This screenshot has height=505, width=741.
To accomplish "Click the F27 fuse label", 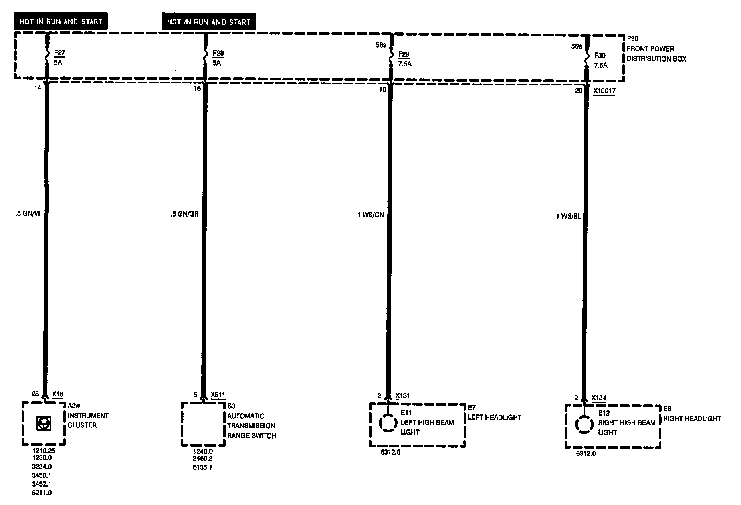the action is [59, 53].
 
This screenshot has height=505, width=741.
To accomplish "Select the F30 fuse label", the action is [600, 56].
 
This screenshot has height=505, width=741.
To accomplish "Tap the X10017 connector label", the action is [604, 91].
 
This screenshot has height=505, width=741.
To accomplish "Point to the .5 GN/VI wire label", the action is [27, 213].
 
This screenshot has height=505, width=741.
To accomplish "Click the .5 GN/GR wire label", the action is [184, 214].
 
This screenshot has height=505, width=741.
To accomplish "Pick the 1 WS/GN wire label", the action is [370, 215].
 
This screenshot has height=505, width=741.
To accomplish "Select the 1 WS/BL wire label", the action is [569, 216].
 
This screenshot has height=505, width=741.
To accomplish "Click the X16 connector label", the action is [58, 394].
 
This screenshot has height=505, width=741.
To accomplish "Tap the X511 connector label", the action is [218, 395].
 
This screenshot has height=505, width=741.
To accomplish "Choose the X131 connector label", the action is [402, 396].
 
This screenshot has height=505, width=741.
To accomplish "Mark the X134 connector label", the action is [599, 398].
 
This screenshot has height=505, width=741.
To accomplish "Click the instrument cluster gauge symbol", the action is [43, 423].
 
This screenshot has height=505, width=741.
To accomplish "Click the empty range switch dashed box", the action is [203, 424].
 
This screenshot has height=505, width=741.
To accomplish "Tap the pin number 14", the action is [38, 88].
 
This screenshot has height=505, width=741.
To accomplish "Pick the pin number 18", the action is [382, 89].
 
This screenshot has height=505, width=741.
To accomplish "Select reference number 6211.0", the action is [42, 493].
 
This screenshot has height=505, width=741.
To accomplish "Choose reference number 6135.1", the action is [202, 467].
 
